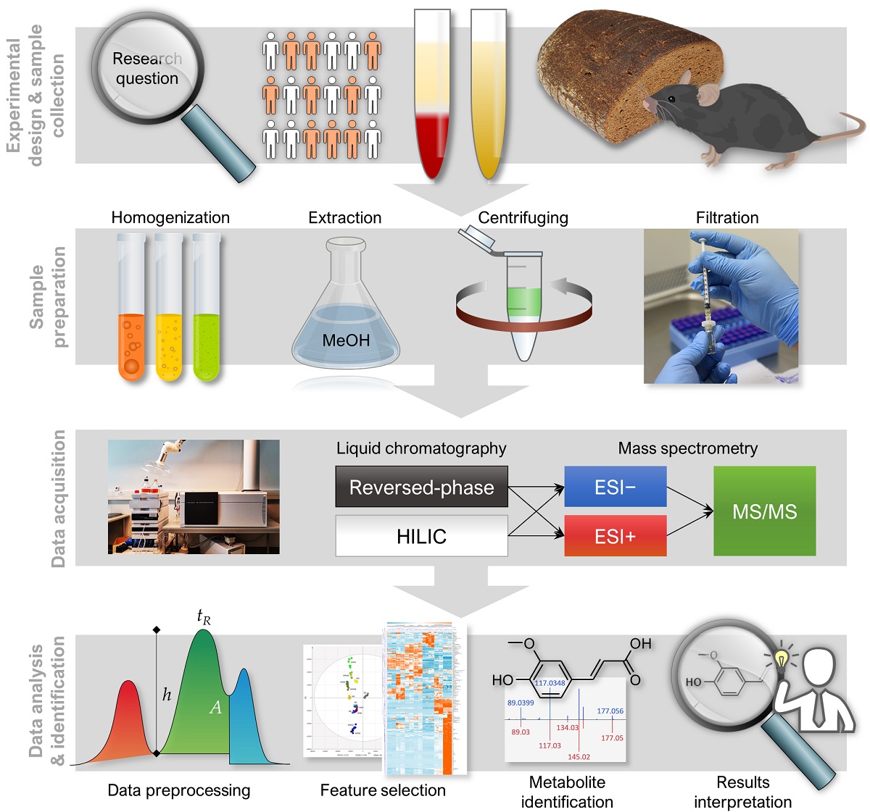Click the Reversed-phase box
(x=421, y=487)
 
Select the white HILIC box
(x=421, y=536)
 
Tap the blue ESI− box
(x=615, y=487)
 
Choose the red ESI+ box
(x=615, y=536)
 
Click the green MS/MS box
(x=764, y=511)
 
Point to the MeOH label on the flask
(x=346, y=340)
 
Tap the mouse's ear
(x=708, y=93)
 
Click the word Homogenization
(x=170, y=217)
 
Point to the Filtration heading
(x=727, y=217)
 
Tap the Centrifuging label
(x=523, y=217)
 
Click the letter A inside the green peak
(x=215, y=708)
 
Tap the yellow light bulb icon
(x=781, y=659)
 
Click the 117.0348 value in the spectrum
(x=550, y=683)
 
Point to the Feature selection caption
(x=383, y=790)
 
